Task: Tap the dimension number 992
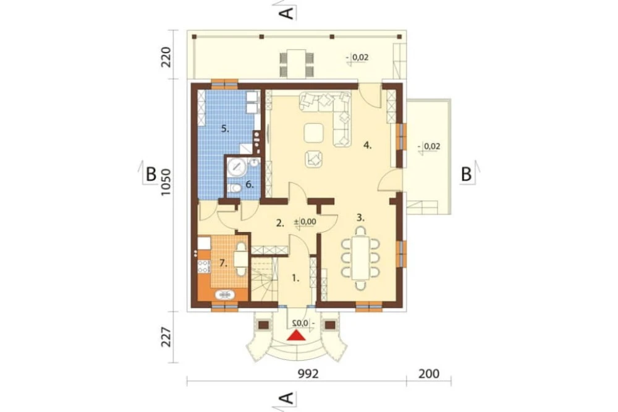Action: pyautogui.click(x=308, y=374)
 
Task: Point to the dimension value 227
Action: pyautogui.click(x=166, y=337)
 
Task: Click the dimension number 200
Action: pyautogui.click(x=429, y=374)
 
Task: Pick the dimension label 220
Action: pyautogui.click(x=166, y=57)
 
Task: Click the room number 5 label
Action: pyautogui.click(x=225, y=129)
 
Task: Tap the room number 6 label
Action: pyautogui.click(x=249, y=184)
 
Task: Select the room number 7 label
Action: pyautogui.click(x=224, y=264)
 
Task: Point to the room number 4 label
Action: pyautogui.click(x=367, y=145)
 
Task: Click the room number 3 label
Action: pyautogui.click(x=360, y=217)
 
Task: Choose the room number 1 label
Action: pyautogui.click(x=295, y=278)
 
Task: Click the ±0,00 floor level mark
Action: pyautogui.click(x=305, y=222)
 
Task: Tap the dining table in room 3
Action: pyautogui.click(x=361, y=258)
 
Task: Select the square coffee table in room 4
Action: pyautogui.click(x=314, y=133)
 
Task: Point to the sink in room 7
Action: pyautogui.click(x=225, y=294)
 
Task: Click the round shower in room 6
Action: pyautogui.click(x=237, y=167)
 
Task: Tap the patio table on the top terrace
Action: pyautogui.click(x=297, y=64)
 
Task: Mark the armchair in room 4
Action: pyautogui.click(x=314, y=159)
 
